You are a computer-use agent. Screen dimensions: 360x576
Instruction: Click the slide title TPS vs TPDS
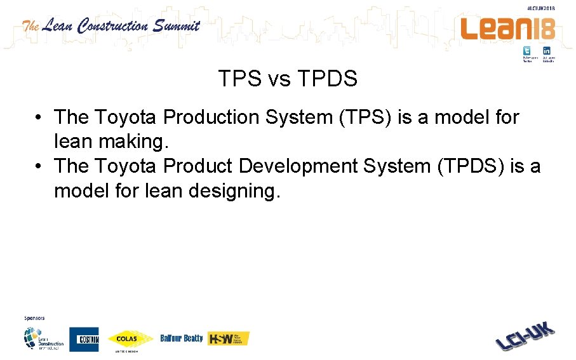tap(288, 79)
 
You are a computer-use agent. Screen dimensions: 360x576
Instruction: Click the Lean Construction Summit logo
tap(111, 26)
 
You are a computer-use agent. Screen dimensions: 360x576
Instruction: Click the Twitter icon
tap(527, 51)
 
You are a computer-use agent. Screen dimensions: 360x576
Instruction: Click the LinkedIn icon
tap(546, 51)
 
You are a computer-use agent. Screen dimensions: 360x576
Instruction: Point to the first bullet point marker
tap(39, 118)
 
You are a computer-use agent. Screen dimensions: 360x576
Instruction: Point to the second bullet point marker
tap(39, 167)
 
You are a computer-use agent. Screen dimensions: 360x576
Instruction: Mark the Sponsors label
tap(34, 317)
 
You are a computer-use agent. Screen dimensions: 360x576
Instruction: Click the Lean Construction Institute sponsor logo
tap(43, 338)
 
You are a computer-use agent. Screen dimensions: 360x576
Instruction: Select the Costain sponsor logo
tap(84, 339)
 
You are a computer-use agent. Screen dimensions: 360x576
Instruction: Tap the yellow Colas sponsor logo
tap(130, 340)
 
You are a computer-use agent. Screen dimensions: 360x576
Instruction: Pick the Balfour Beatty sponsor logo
tap(182, 338)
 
